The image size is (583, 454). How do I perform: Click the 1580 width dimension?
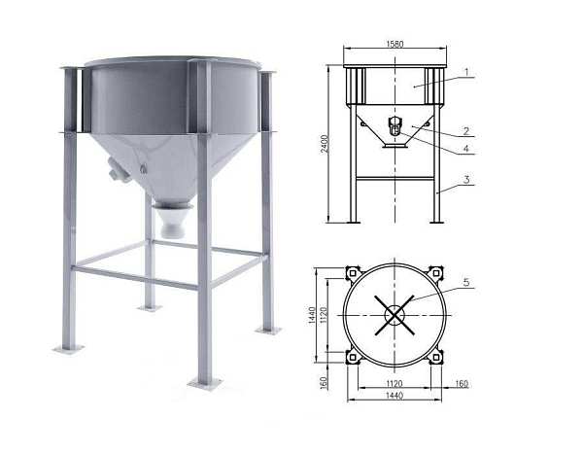coord(394,44)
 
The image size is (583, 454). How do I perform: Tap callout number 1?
coord(467,71)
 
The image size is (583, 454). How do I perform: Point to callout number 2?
coord(466,131)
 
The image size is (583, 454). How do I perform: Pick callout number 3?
coord(466,180)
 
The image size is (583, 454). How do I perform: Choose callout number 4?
coord(466,149)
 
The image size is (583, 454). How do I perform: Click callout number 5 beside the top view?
coord(466,283)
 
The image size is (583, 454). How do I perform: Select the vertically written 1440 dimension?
coord(312,315)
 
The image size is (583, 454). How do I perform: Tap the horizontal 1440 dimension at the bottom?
coord(394,396)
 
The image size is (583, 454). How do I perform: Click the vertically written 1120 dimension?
coord(324,315)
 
